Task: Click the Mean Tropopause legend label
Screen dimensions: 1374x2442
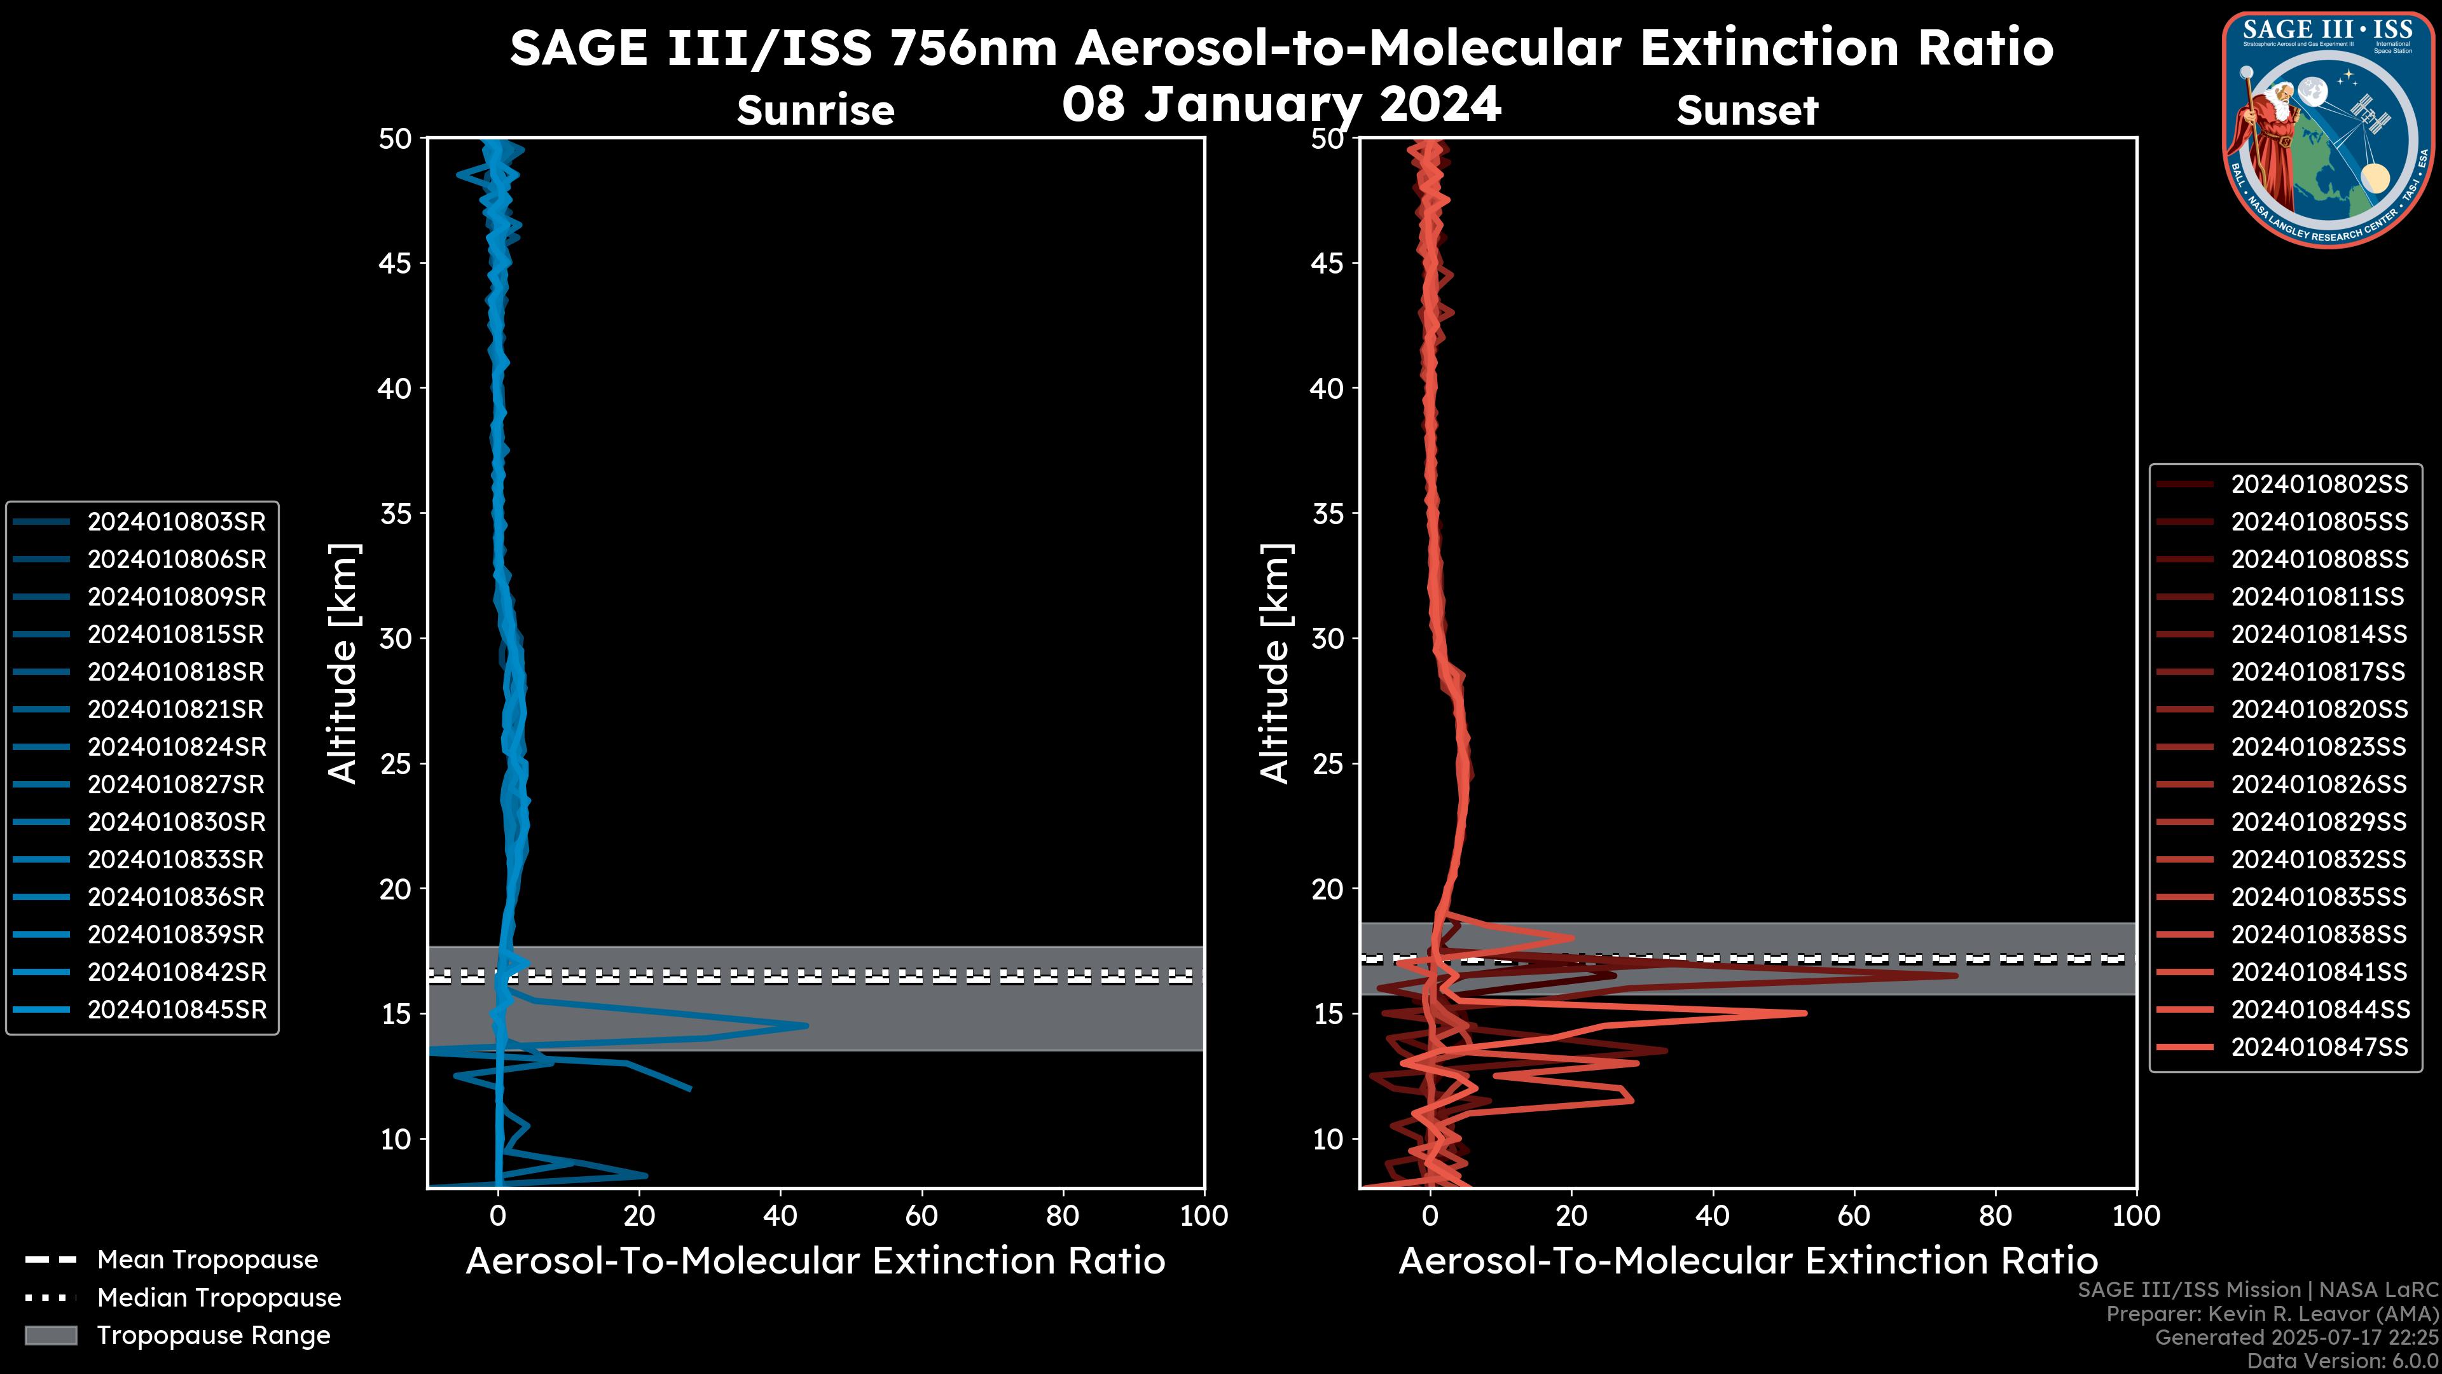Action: tap(207, 1259)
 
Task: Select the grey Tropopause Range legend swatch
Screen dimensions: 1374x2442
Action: tap(51, 1335)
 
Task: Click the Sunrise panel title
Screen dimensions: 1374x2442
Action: tap(815, 110)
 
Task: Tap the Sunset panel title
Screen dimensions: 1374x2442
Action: tap(1747, 110)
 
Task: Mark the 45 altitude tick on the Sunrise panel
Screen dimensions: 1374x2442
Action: tap(396, 263)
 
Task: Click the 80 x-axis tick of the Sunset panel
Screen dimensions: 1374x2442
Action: tap(1996, 1216)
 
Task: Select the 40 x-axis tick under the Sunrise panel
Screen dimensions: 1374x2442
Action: tap(780, 1216)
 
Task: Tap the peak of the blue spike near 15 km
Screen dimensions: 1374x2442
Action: tap(807, 1025)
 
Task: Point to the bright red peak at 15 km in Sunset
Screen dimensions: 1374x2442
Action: tap(1805, 1013)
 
